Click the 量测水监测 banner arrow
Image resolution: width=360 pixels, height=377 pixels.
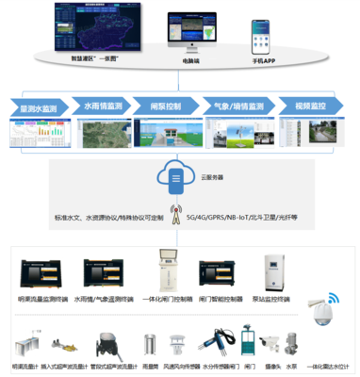[x=41, y=107]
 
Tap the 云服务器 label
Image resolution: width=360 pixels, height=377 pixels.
[x=213, y=176]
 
